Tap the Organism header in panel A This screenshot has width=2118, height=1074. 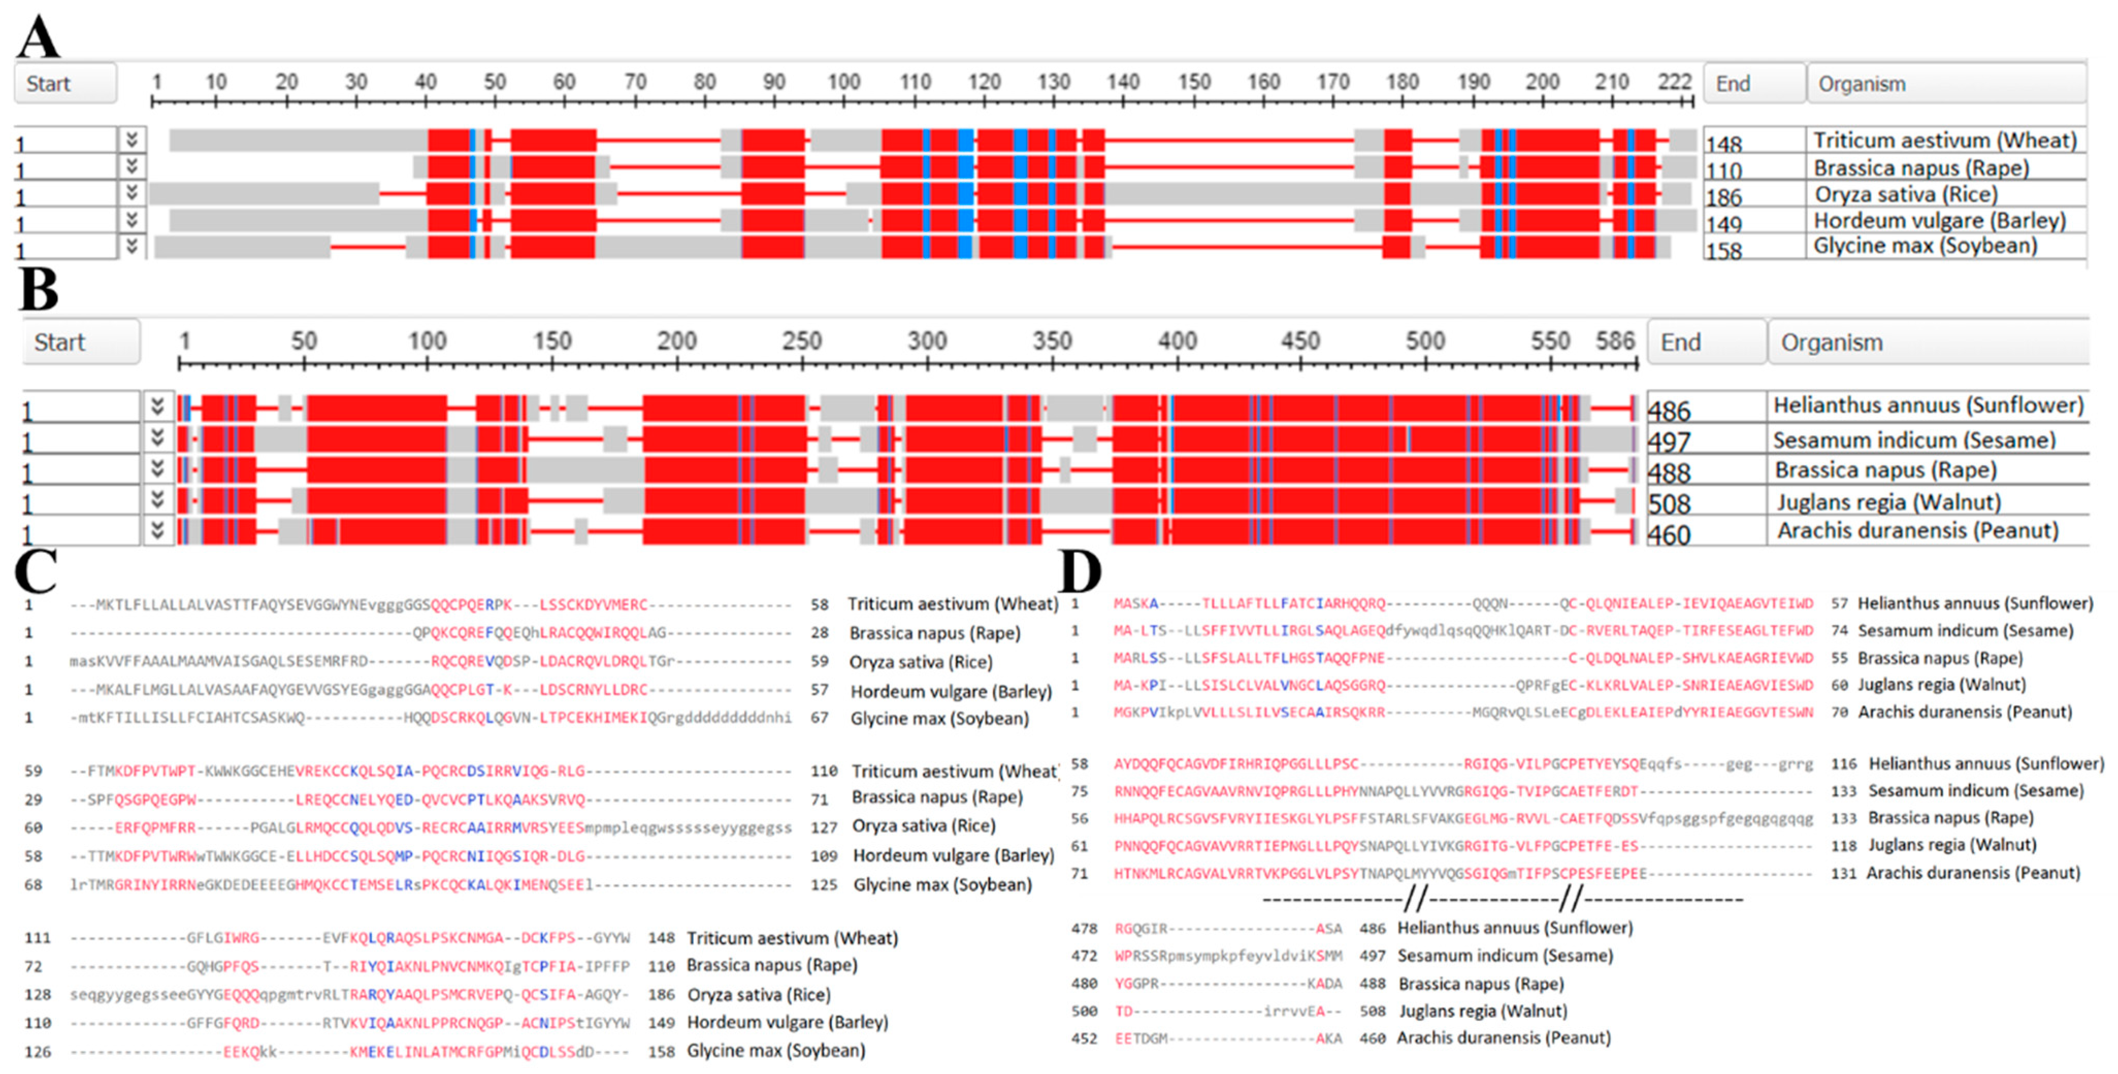1862,84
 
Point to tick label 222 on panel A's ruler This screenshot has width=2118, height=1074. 1674,82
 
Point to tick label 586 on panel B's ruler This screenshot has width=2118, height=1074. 1615,340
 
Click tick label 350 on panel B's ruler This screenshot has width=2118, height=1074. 1052,340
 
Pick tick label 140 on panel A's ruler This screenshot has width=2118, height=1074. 1122,82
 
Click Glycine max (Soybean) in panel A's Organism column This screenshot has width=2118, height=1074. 1925,246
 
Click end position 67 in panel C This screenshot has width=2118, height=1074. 819,718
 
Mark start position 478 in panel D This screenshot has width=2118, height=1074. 1084,929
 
